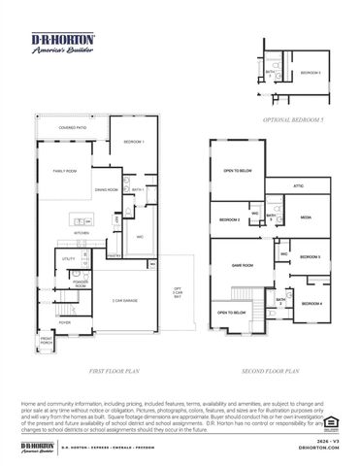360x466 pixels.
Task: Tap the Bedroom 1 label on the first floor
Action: click(134, 143)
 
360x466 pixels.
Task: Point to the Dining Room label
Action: click(107, 189)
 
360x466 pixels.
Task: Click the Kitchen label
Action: click(82, 233)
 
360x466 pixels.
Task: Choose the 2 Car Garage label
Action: click(124, 301)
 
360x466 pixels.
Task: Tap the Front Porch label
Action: click(46, 342)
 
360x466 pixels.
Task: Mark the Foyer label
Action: click(65, 321)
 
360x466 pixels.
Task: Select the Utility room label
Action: click(69, 259)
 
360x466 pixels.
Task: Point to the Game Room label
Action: click(242, 265)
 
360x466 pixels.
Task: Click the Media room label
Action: click(306, 217)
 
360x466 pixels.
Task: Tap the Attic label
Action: click(298, 185)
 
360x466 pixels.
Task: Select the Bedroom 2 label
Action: click(230, 221)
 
